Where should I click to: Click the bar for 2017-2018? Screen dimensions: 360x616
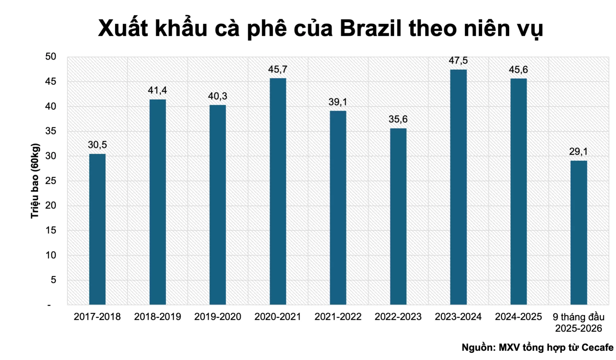[x=97, y=229]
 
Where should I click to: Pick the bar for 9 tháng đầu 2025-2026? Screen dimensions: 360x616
[x=578, y=232]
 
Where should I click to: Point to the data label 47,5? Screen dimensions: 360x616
[x=458, y=60]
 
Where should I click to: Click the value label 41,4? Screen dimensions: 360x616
[x=157, y=90]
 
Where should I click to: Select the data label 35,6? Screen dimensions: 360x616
[x=398, y=119]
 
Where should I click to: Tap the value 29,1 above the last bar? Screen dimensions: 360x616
[x=578, y=151]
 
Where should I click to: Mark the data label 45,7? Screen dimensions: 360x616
[x=278, y=69]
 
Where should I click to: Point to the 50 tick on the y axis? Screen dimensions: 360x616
[x=51, y=56]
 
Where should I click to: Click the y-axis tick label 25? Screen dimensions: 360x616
[x=51, y=181]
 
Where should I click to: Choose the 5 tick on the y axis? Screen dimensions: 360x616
[x=53, y=280]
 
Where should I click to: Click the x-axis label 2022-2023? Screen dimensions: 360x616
[x=398, y=317]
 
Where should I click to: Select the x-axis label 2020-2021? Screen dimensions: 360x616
[x=278, y=317]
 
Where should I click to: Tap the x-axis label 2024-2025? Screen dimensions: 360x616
[x=518, y=317]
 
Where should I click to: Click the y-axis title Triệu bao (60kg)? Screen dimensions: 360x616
[x=35, y=181]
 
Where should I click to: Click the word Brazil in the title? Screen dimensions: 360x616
[x=370, y=28]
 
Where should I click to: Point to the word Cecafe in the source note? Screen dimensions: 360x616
[x=597, y=347]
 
